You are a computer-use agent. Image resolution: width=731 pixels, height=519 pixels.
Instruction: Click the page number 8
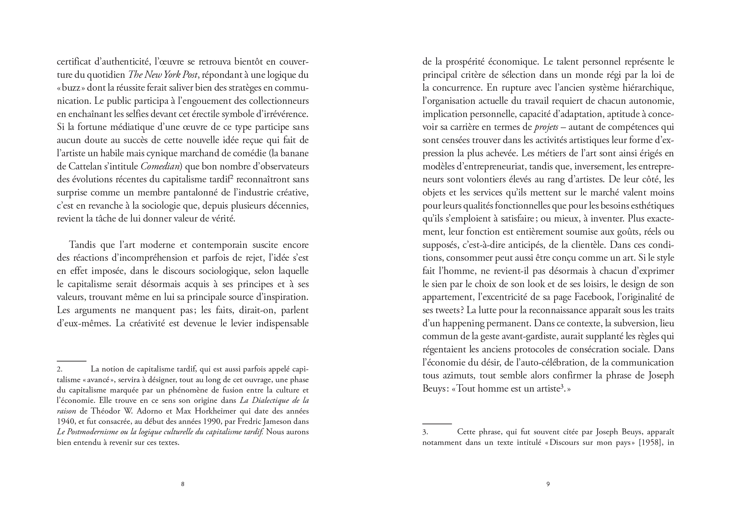coord(183,484)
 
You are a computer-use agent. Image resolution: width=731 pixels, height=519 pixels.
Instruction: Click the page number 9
coord(548,484)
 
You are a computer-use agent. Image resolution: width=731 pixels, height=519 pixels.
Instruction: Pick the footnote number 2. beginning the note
coord(60,369)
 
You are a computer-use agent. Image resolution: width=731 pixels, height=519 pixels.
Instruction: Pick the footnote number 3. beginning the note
coord(425,432)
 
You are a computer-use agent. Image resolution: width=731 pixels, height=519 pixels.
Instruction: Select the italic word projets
coord(546,127)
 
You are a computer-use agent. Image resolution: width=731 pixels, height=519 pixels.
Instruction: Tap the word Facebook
coord(592,297)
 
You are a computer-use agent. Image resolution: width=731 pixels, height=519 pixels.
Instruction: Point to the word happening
coord(458,324)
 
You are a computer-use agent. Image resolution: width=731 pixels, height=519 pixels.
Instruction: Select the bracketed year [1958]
coord(649,443)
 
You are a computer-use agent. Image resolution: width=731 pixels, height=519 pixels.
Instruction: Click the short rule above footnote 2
coord(72,361)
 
